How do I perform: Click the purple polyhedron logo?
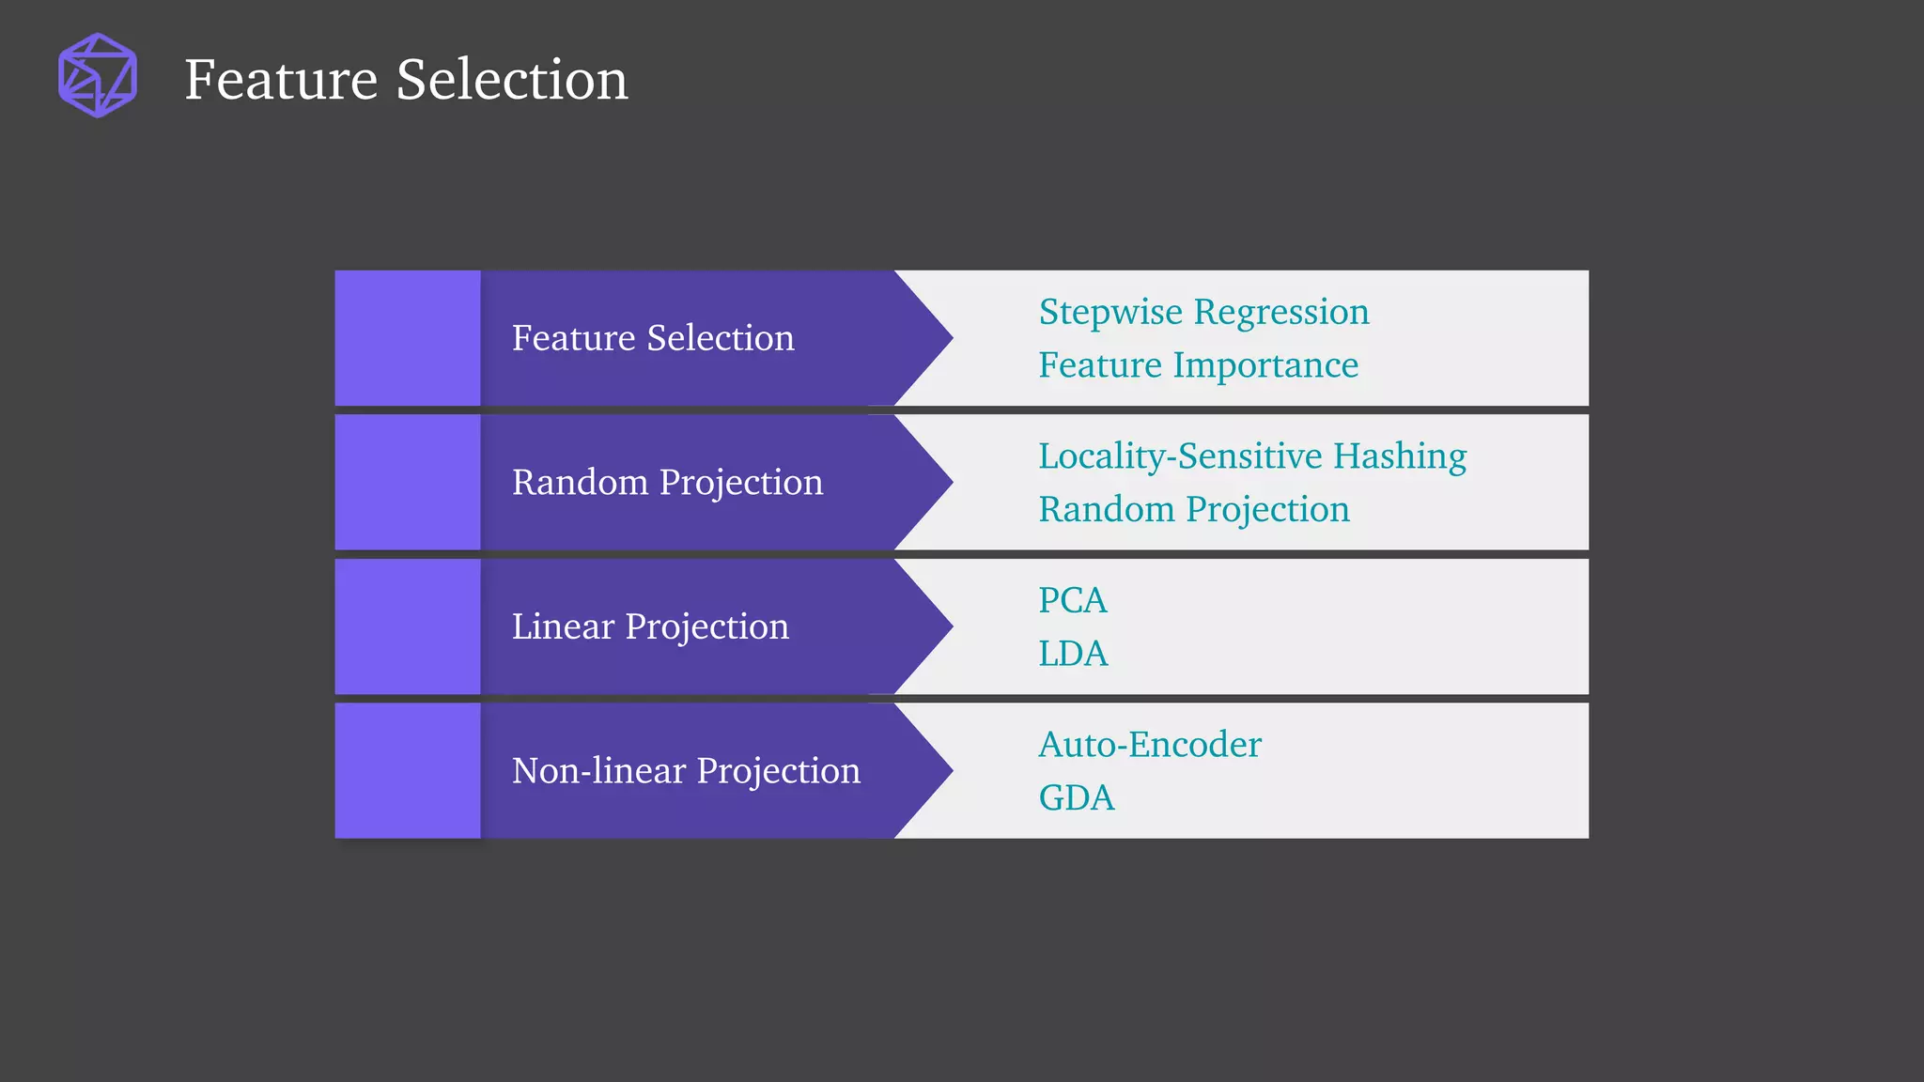coord(98,75)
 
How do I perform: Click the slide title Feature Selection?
coord(406,79)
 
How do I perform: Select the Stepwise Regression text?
coord(1203,312)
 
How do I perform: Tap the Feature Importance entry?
coord(1198,365)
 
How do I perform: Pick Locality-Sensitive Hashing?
coord(1251,456)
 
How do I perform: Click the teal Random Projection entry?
coord(1193,510)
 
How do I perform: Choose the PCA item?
coord(1072,600)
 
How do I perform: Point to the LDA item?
coord(1073,654)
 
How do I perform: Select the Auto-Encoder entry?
coord(1149,745)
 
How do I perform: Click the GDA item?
coord(1076,798)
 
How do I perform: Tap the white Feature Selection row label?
coord(653,338)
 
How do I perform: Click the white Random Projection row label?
coord(667,483)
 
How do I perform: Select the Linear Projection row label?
coord(650,626)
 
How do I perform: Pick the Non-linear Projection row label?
coord(686,771)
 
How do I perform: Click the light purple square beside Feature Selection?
coord(408,338)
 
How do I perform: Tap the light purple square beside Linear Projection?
coord(408,626)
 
